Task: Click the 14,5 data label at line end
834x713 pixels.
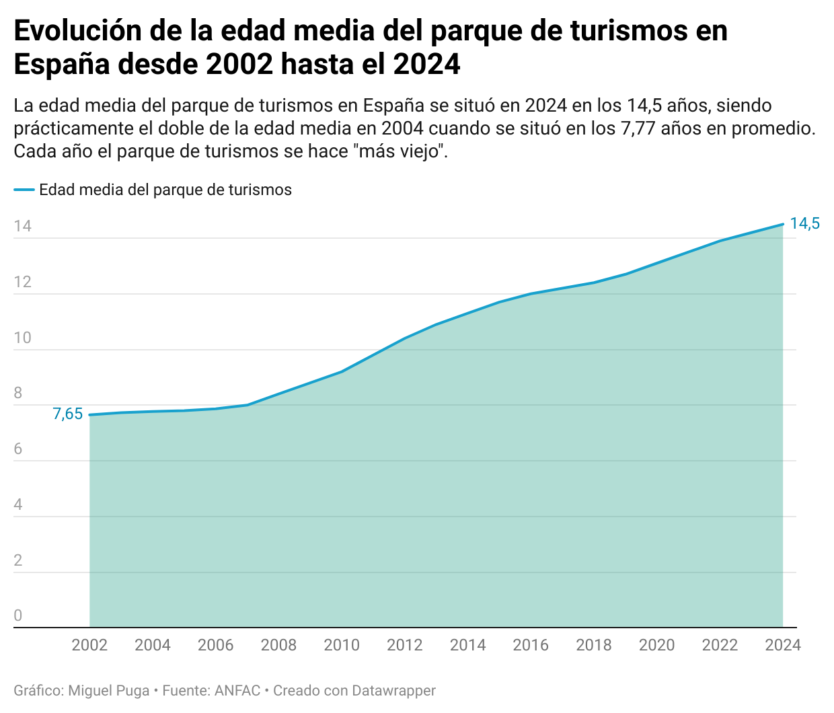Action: click(x=804, y=224)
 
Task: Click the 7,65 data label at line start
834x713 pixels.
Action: click(x=68, y=414)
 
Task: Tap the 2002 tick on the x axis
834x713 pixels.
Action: click(x=89, y=645)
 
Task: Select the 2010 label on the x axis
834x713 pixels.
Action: click(x=342, y=645)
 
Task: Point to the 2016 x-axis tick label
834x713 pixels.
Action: click(x=531, y=645)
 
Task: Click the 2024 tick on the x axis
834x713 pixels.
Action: click(x=783, y=645)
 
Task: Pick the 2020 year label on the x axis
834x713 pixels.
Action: click(x=656, y=645)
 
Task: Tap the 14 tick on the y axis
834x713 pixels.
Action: click(x=23, y=226)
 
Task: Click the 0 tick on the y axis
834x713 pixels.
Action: click(x=18, y=615)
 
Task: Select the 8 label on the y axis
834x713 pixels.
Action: click(x=18, y=393)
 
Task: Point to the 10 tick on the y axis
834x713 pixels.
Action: click(x=23, y=338)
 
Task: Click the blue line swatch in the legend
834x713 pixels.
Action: click(x=24, y=190)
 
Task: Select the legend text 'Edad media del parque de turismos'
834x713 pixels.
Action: click(x=165, y=190)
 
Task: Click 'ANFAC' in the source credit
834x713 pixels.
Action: click(x=237, y=691)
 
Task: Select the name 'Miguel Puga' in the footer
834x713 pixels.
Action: click(x=109, y=691)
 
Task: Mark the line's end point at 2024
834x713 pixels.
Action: click(x=783, y=224)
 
